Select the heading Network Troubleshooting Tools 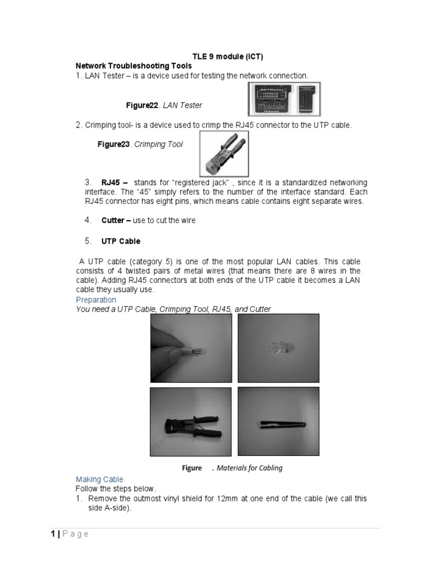pyautogui.click(x=134, y=66)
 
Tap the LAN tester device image pyautogui.click(x=286, y=99)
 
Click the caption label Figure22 pyautogui.click(x=143, y=105)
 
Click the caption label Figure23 pyautogui.click(x=114, y=144)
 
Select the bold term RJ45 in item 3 pyautogui.click(x=114, y=183)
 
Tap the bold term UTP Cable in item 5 pyautogui.click(x=121, y=241)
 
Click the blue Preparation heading pyautogui.click(x=96, y=300)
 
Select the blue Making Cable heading pyautogui.click(x=99, y=479)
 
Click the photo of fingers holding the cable pyautogui.click(x=191, y=347)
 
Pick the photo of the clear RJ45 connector pyautogui.click(x=278, y=347)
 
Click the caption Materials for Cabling pyautogui.click(x=250, y=468)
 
